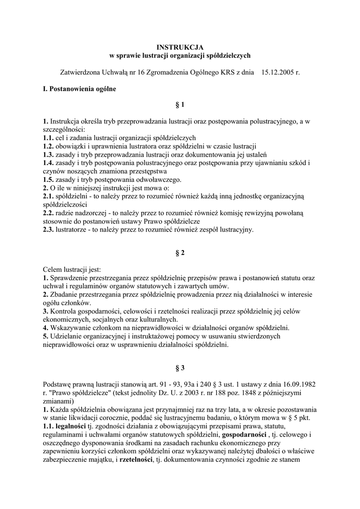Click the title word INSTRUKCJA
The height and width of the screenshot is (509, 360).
[180, 47]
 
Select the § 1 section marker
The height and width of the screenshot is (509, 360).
[180, 105]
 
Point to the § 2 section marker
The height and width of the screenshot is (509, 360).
[180, 253]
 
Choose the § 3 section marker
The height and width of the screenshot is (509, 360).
[180, 368]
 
